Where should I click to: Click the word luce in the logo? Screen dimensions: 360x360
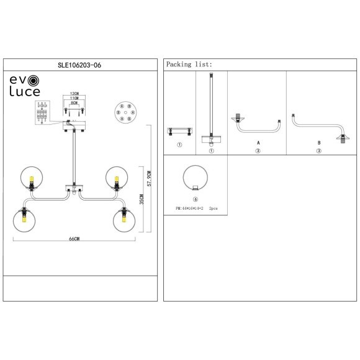pos(24,92)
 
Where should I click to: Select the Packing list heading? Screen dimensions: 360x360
pos(189,64)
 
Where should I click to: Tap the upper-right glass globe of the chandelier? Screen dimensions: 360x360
pos(116,178)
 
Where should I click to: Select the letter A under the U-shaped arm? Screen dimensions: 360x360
pos(258,142)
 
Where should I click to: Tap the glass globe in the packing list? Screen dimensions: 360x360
pos(196,179)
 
